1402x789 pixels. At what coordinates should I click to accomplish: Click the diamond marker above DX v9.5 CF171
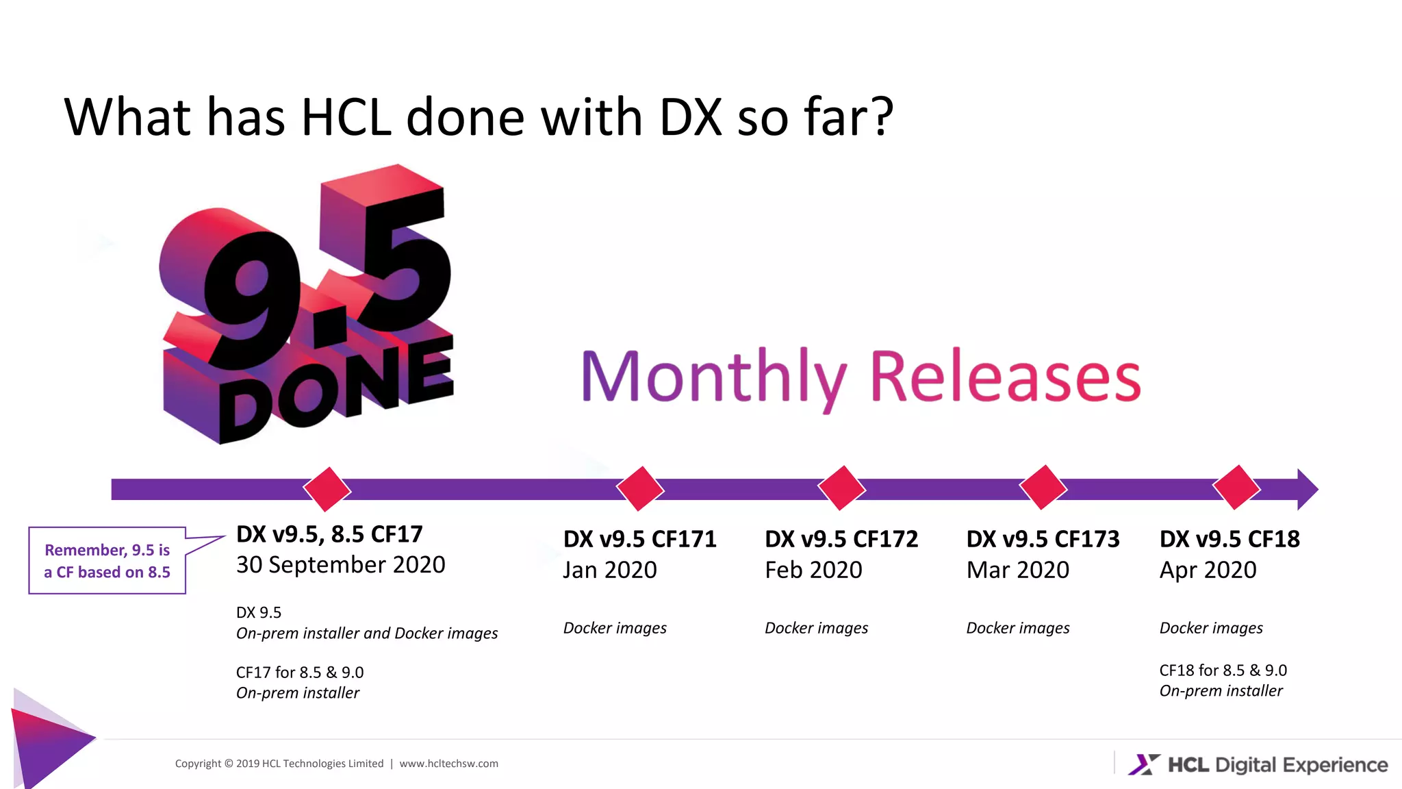pos(640,489)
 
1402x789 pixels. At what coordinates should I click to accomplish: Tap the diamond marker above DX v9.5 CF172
pos(841,488)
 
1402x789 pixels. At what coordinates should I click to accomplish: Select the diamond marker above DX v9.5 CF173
pos(1043,488)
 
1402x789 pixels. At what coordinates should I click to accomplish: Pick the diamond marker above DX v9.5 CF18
pos(1236,488)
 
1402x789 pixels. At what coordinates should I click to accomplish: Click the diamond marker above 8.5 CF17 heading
pos(327,490)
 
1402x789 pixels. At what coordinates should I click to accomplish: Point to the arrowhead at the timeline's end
pos(1306,489)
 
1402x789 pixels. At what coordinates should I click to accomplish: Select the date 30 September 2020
pos(340,565)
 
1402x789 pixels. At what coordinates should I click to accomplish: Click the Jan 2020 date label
pos(609,570)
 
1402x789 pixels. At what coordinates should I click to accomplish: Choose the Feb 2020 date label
pos(813,570)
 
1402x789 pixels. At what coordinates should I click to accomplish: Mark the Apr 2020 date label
pos(1208,570)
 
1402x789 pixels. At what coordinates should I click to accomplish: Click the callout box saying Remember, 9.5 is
pos(107,560)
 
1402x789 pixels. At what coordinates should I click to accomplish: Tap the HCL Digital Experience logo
pos(1258,764)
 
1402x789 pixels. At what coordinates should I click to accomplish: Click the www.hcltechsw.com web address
pos(448,764)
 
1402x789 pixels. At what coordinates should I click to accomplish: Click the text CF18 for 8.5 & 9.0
pos(1223,670)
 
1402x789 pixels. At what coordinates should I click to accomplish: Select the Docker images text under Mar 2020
pos(1017,628)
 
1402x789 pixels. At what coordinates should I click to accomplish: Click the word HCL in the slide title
pos(346,117)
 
